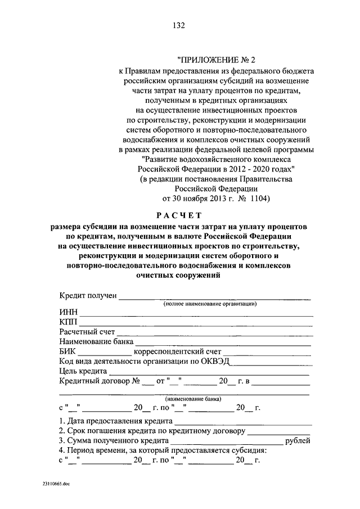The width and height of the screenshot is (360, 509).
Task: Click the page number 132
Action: tap(179, 25)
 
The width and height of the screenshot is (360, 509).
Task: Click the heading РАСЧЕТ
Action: tap(178, 214)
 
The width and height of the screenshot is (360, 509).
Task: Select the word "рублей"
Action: tap(298, 441)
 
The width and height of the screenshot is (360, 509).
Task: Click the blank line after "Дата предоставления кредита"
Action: tap(243, 422)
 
